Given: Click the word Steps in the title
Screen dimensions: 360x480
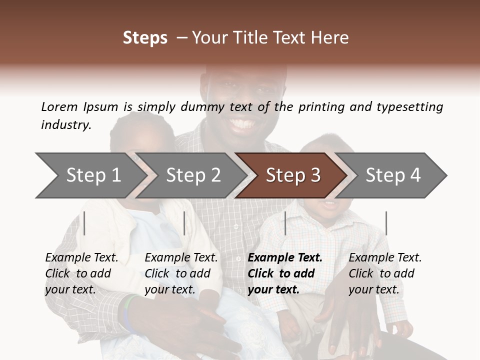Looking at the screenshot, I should pyautogui.click(x=145, y=38).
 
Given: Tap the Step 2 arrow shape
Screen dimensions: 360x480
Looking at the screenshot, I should pyautogui.click(x=193, y=175).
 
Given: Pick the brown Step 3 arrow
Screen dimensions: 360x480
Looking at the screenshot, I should pyautogui.click(x=293, y=175).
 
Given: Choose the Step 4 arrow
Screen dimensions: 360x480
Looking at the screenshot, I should pyautogui.click(x=393, y=175).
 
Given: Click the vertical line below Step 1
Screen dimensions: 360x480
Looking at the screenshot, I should pyautogui.click(x=84, y=223).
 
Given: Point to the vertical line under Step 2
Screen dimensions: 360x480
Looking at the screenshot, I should pyautogui.click(x=184, y=223).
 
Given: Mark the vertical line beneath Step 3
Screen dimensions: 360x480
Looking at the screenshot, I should pyautogui.click(x=285, y=223).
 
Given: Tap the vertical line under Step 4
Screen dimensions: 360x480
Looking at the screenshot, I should pyautogui.click(x=386, y=223).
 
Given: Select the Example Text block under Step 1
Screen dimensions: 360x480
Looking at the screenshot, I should pyautogui.click(x=81, y=273).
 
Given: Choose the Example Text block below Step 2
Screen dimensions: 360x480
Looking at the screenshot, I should pyautogui.click(x=181, y=273).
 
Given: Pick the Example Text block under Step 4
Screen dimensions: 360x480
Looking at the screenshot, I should pyautogui.click(x=385, y=273).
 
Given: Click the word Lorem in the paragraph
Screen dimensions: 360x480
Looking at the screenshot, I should pyautogui.click(x=59, y=106).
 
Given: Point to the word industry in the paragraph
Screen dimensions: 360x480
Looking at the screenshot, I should pyautogui.click(x=66, y=125).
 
